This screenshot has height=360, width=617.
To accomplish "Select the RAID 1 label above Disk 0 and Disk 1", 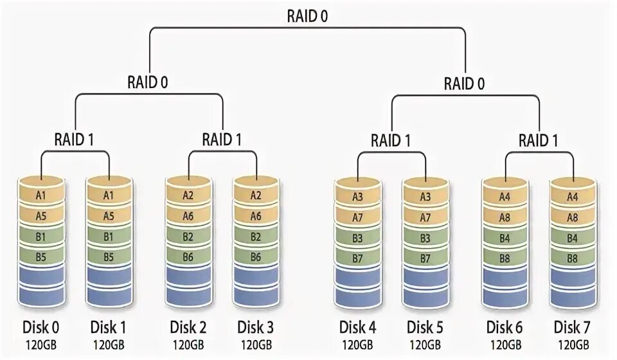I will pos(75,139).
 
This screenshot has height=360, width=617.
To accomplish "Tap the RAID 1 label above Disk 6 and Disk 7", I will pos(539,139).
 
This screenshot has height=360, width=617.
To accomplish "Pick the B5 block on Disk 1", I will pos(108,257).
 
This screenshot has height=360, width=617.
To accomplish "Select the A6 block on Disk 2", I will pos(188,217).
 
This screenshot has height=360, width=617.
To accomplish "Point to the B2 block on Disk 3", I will pos(255,237).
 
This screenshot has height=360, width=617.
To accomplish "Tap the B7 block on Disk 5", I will pos(425,258).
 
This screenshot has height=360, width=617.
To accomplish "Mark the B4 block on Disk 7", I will pos(571,239).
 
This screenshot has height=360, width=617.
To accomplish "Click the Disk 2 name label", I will pos(188,327).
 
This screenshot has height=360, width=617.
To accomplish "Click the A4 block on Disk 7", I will pos(571,197).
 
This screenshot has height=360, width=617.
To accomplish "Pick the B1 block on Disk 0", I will pos(41,237).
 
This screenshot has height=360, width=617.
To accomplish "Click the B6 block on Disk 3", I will pos(255,257).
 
